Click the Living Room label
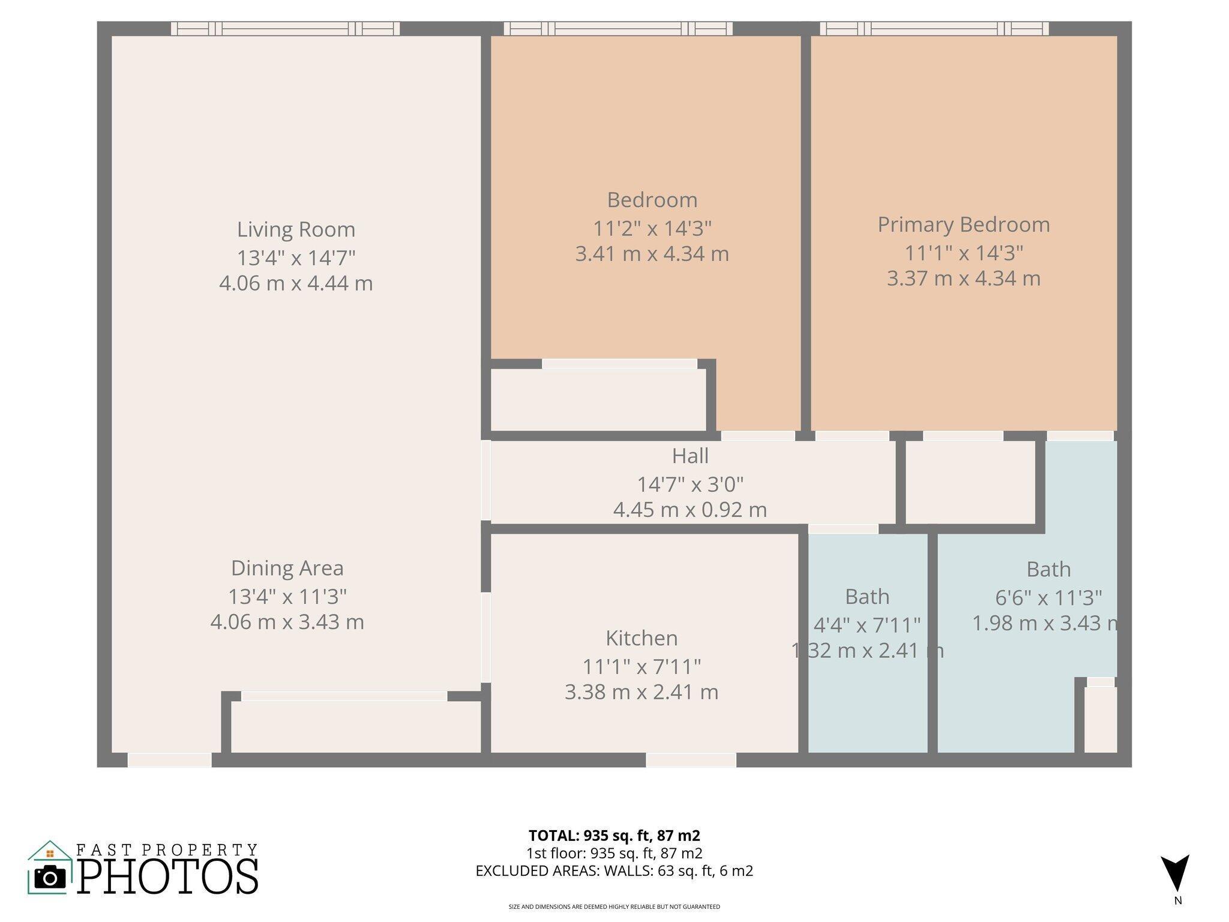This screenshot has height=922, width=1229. point(296,229)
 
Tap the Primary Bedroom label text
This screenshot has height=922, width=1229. point(963,224)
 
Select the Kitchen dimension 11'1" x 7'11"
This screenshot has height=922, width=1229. point(642,666)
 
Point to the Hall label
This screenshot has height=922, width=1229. point(690,456)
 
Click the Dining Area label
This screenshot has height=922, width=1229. point(287,568)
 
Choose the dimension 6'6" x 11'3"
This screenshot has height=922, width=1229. point(1048,598)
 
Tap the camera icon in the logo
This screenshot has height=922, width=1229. point(50,876)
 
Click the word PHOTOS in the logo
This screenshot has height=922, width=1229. point(167,876)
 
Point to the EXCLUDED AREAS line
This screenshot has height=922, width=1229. point(614,870)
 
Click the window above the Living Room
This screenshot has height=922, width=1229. point(285,28)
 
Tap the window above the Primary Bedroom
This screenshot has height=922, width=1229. point(934,28)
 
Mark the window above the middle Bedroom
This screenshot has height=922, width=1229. point(618,28)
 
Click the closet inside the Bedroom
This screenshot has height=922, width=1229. point(598,399)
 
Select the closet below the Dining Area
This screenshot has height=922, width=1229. point(355,726)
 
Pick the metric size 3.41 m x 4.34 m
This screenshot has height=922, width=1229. point(652,254)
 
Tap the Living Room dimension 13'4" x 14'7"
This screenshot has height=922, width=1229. point(296,258)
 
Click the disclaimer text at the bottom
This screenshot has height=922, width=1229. point(614,906)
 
